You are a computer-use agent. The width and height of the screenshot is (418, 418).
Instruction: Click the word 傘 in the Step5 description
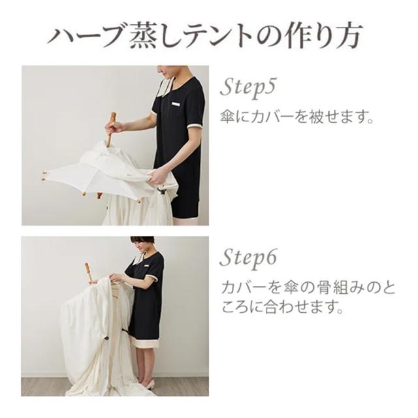(229, 120)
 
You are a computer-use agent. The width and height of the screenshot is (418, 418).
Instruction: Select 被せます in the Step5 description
(334, 120)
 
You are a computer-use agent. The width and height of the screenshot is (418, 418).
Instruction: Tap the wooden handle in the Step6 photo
(88, 272)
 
